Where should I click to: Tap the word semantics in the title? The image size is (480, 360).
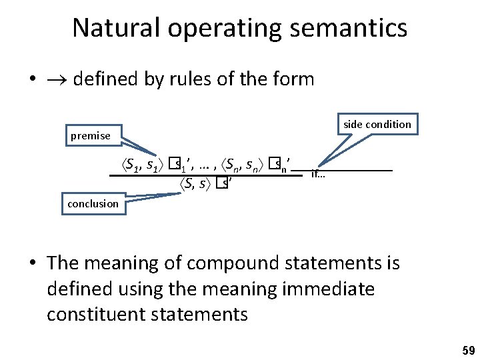point(345,28)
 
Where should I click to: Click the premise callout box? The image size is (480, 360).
point(91,136)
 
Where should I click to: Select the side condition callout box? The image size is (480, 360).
point(377,124)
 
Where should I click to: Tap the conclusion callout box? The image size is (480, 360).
point(93,203)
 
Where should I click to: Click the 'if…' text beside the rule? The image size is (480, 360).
point(318,175)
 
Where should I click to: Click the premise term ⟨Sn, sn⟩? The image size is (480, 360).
point(244,163)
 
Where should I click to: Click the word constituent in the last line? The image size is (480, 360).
point(97,314)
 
